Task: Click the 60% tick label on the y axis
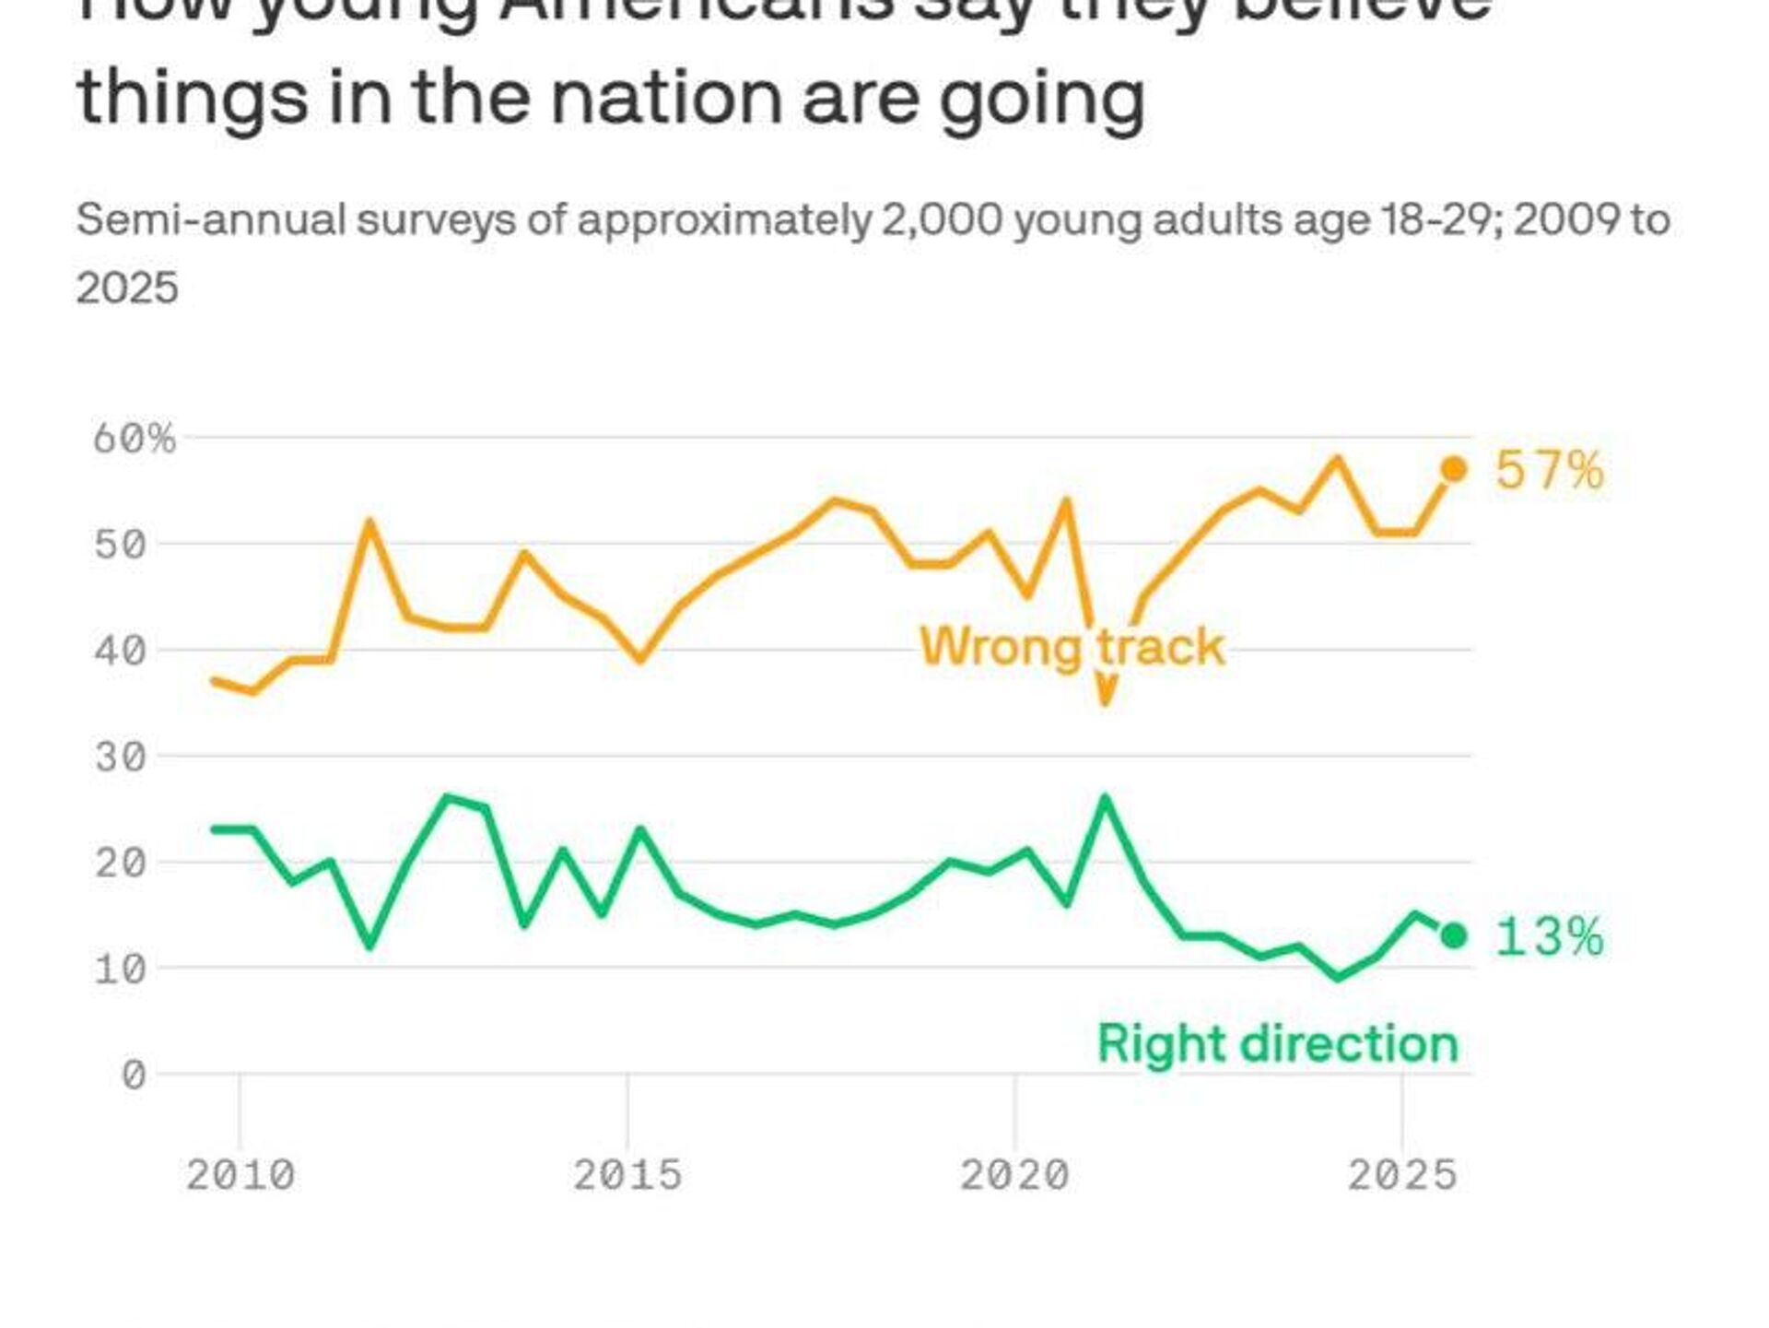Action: click(x=134, y=439)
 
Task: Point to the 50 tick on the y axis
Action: click(x=120, y=545)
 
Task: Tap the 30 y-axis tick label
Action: click(x=120, y=758)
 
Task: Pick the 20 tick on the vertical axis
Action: click(x=120, y=864)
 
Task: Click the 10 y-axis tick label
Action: click(x=120, y=970)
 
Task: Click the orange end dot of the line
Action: click(x=1453, y=469)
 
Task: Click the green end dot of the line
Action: click(x=1453, y=936)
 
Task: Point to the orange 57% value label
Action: click(x=1549, y=470)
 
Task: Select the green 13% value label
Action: click(x=1549, y=937)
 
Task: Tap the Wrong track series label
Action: click(x=1072, y=646)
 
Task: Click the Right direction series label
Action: click(x=1278, y=1044)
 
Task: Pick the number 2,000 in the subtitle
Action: click(x=940, y=220)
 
